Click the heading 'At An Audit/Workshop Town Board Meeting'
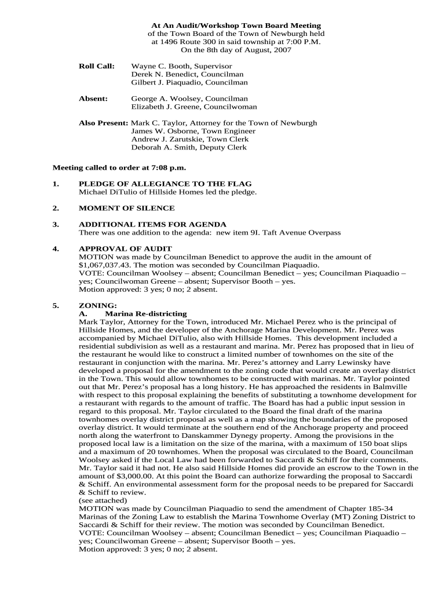pos(228,26)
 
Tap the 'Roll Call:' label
pos(96,67)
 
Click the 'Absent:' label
pos(93,99)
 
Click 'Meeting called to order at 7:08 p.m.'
pos(120,168)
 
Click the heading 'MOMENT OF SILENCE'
pos(126,208)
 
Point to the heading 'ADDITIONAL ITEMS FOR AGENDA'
pos(153,224)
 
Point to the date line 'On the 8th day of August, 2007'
pos(228,50)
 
